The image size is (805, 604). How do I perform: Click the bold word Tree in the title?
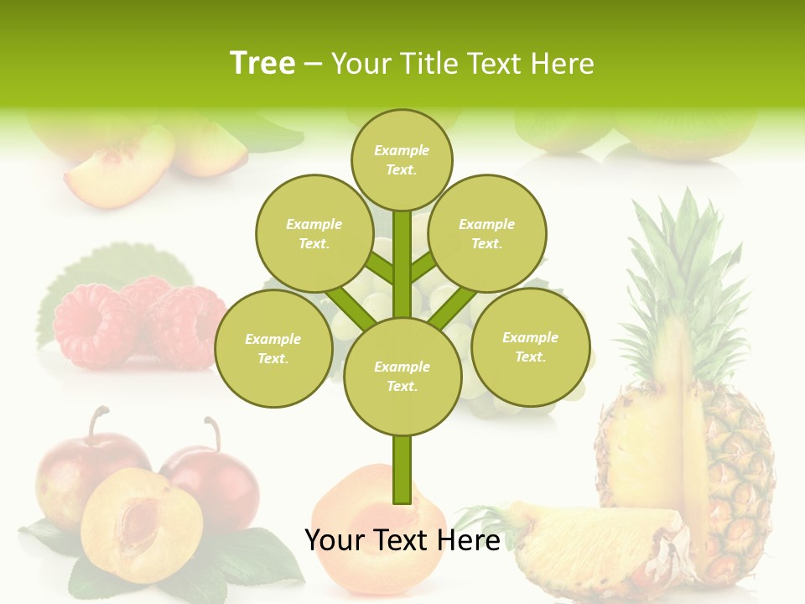[x=262, y=63]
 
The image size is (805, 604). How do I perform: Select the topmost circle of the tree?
[x=402, y=159]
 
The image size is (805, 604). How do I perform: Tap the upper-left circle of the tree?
[x=314, y=233]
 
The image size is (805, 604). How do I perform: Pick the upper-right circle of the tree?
[x=486, y=233]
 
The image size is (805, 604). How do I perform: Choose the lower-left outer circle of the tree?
[x=273, y=348]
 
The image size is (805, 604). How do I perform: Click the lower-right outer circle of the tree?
[x=530, y=346]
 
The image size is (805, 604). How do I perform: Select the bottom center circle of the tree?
[x=402, y=376]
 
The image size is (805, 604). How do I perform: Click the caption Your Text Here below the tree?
[x=402, y=540]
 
